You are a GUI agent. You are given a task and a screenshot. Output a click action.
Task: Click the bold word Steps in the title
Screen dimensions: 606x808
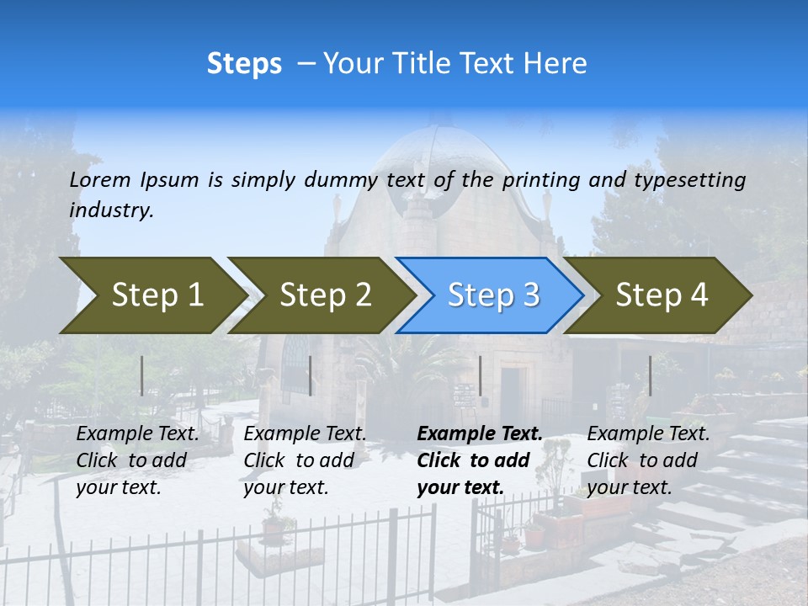point(244,64)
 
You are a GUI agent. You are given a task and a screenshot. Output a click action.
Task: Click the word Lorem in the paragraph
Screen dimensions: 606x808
point(100,180)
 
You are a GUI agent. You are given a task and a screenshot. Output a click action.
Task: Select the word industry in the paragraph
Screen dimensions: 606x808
point(110,210)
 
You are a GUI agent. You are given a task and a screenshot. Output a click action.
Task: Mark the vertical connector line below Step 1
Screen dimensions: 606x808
point(142,375)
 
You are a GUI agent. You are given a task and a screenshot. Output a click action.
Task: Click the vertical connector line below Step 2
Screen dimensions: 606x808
point(311,375)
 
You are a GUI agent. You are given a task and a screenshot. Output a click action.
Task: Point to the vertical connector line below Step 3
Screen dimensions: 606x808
point(480,375)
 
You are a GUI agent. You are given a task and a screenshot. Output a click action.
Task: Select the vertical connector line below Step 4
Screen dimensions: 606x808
point(650,375)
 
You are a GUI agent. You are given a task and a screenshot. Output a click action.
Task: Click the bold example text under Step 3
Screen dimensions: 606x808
point(480,460)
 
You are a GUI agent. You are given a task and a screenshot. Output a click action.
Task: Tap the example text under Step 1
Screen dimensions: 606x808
point(137,460)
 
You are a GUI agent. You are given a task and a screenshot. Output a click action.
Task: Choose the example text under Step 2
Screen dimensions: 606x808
point(305,460)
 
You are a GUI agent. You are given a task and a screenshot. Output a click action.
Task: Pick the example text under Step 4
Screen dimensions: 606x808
point(648,460)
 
